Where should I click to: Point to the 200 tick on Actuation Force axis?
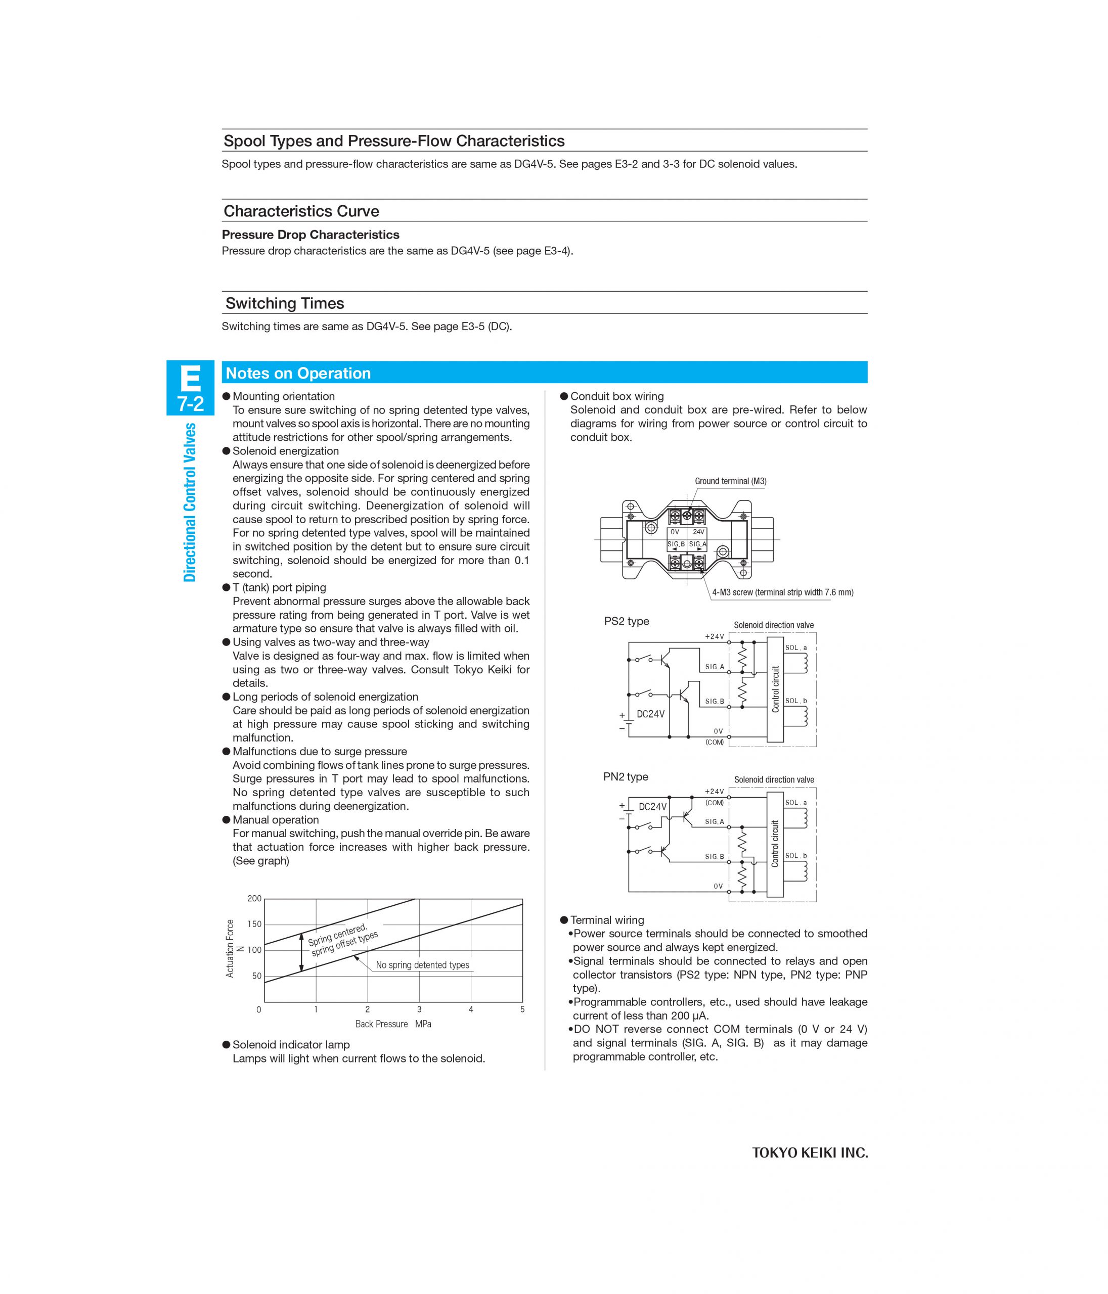click(x=254, y=899)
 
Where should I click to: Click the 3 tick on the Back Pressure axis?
click(x=419, y=1009)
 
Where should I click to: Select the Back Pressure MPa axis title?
click(x=393, y=1024)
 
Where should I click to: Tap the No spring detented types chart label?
click(x=422, y=965)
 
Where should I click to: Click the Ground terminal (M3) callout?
click(x=730, y=482)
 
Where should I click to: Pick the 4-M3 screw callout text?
click(x=782, y=593)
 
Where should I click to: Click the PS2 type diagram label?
click(x=626, y=621)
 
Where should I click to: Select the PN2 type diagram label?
click(x=626, y=777)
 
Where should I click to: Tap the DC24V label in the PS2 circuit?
click(x=650, y=714)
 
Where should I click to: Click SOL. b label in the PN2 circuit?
click(x=795, y=856)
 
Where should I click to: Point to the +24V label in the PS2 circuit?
click(x=714, y=637)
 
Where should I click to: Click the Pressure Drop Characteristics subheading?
click(x=311, y=235)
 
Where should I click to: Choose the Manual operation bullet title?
click(x=276, y=820)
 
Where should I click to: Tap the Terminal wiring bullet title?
click(x=607, y=920)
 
